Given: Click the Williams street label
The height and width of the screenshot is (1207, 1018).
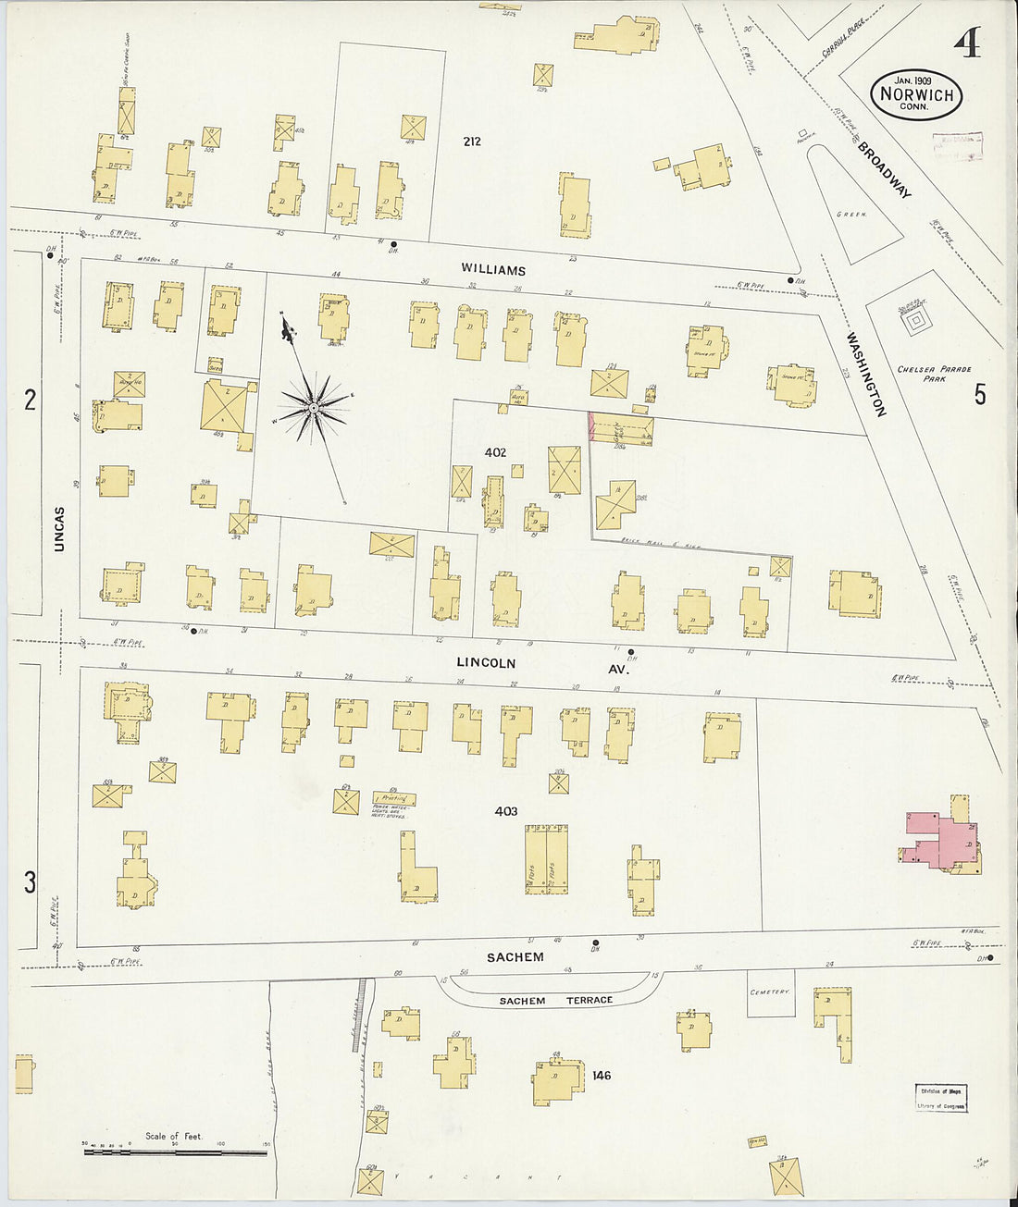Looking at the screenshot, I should coord(493,270).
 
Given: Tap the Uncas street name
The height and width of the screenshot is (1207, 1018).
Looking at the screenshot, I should coord(59,529).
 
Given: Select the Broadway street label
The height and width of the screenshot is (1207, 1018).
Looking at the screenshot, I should coord(884,169).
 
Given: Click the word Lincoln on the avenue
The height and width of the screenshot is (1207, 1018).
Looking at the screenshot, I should coord(486,663).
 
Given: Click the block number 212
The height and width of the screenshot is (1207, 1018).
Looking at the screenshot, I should coord(472,142).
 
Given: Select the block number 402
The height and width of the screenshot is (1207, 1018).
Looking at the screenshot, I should coord(495,452).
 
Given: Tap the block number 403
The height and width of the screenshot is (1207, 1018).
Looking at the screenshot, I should coord(505,811).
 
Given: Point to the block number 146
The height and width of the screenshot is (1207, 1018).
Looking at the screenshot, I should coord(602,1075).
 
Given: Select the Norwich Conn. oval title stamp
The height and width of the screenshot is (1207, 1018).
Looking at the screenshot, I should coord(916,94).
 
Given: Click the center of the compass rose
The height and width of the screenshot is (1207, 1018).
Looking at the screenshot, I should coord(315,407).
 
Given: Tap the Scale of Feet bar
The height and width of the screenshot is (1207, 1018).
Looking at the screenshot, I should coord(175,1152).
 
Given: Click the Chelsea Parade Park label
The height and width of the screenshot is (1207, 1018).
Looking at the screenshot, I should coord(934,374).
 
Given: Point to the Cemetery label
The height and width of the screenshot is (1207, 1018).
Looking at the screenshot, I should coord(770,991).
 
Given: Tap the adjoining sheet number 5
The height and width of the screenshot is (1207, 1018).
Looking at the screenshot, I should coord(979,395).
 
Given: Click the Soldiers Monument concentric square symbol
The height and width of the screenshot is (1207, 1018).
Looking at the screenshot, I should coord(915,323).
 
